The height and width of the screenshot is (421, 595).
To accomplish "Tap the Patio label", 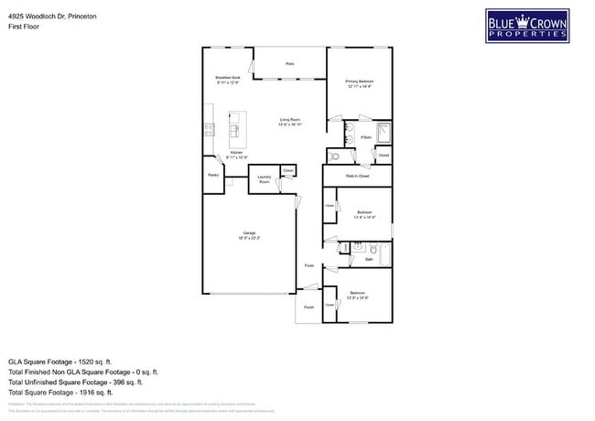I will coord(289,64).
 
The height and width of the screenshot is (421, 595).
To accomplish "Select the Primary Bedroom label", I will coord(360,81).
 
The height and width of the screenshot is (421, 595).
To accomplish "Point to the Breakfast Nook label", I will coord(228,78).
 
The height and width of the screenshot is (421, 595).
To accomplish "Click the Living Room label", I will coord(290,120).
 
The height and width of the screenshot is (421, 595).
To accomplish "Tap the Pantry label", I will coord(213,174).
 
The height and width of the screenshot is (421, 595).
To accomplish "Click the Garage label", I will coord(249,234).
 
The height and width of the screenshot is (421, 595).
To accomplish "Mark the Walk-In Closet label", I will coord(357,176).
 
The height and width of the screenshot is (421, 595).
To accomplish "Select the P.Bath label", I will coord(365,137).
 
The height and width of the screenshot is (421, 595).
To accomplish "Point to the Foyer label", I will coord(309,265).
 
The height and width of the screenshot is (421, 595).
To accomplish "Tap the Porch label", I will coord(308,308).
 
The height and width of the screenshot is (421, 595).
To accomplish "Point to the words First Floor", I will coord(24,27).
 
